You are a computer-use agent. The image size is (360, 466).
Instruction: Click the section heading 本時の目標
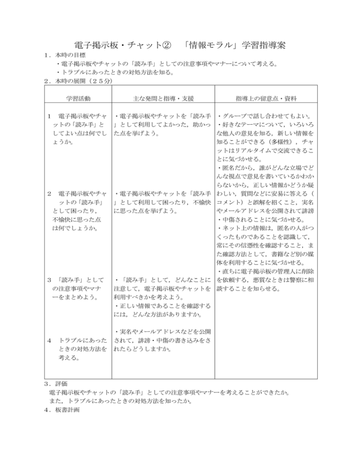coord(61,55)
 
